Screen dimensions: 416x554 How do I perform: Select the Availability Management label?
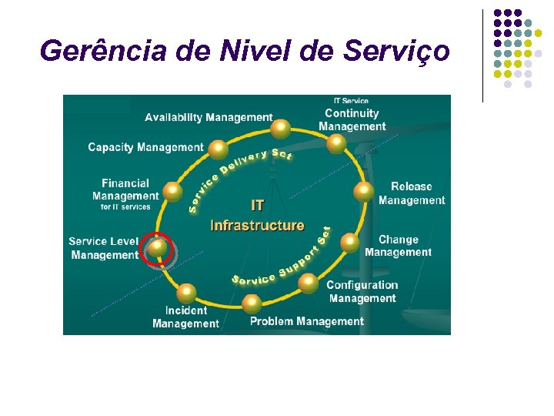pos(209,117)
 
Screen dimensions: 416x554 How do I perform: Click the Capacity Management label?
pos(145,147)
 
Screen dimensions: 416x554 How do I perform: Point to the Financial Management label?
pos(125,195)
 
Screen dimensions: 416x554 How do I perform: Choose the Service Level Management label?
pos(104,248)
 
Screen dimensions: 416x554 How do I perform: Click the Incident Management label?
pos(185,317)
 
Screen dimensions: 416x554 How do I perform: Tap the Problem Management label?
pos(306,321)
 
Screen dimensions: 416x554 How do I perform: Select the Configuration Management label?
pos(362,291)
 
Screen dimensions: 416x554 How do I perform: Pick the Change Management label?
pos(398,246)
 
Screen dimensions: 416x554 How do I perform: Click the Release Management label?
pos(412,193)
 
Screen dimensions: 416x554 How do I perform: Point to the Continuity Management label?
pos(352,119)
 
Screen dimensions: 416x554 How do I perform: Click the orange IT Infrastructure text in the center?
pos(257,216)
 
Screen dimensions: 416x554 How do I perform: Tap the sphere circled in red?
pos(157,247)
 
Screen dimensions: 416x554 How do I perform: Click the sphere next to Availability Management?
pos(282,128)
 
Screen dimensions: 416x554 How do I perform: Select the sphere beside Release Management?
pos(363,191)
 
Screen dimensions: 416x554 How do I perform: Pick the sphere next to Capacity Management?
pos(219,148)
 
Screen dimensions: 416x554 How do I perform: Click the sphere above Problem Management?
pos(252,303)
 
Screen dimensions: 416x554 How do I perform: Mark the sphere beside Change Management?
pos(349,243)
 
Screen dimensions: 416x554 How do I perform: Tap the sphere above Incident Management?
pos(186,293)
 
